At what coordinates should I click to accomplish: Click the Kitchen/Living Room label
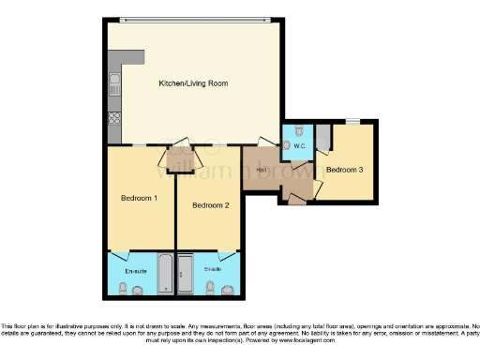coord(193,84)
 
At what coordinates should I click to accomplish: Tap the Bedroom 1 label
coord(139,199)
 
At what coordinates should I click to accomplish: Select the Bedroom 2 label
coord(210,205)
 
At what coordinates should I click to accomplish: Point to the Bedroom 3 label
coord(345,169)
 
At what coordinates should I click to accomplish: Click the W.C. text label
coord(300,147)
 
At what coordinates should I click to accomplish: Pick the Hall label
coord(259,169)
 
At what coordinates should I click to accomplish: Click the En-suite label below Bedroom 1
coord(136,271)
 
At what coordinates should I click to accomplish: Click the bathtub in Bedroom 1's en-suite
coord(164,273)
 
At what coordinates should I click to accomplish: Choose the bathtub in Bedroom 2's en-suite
coord(184,273)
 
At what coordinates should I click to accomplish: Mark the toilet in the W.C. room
coord(296,130)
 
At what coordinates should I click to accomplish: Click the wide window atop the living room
coord(192,20)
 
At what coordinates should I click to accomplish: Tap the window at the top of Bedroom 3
coord(352,122)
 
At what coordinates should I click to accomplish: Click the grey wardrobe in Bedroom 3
coord(322,138)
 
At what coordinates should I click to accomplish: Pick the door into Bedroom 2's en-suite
coord(226,255)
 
